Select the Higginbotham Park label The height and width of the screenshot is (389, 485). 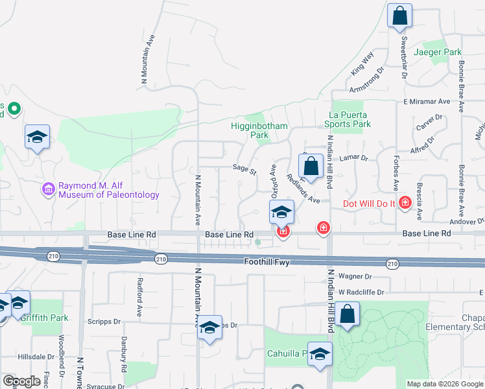[250, 131]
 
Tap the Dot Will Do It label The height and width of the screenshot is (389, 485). [368, 204]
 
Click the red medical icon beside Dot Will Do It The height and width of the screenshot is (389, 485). [405, 203]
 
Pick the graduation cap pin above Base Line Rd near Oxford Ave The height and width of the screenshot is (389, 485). [282, 212]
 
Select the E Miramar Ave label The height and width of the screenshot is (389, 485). [427, 102]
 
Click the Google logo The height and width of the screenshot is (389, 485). [21, 381]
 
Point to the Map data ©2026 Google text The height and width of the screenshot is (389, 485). [444, 384]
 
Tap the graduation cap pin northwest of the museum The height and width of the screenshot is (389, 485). [38, 137]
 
